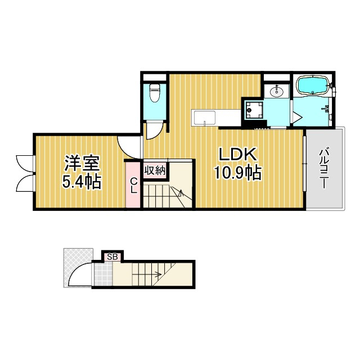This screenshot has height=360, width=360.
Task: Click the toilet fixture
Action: [x=154, y=93]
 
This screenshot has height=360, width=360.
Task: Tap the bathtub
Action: [x=313, y=85]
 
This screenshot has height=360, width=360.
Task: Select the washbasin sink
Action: [x=277, y=91]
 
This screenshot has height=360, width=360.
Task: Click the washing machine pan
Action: [x=254, y=110]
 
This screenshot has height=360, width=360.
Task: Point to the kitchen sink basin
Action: [x=205, y=118]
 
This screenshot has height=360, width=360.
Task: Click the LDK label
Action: [x=237, y=155]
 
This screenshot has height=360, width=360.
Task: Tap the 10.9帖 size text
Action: [x=237, y=173]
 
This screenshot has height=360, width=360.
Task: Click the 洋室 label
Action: [x=82, y=163]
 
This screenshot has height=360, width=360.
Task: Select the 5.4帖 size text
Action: [x=82, y=182]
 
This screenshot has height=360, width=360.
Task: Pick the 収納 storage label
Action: [x=155, y=170]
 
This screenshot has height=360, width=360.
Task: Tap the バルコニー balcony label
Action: [x=324, y=169]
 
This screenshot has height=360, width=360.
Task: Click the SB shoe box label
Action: [x=112, y=257]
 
